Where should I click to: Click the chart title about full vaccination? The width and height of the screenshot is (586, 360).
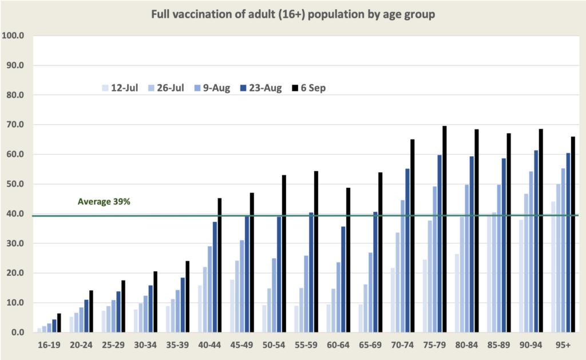[x=293, y=15]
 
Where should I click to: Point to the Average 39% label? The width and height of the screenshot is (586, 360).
[x=104, y=201]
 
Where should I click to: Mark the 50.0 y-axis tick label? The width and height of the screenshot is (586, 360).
[x=14, y=184]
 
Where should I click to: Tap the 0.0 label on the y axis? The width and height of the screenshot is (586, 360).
[x=17, y=333]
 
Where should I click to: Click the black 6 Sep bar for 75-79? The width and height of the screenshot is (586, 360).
[x=444, y=229]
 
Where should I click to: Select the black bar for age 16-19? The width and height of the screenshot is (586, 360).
[x=58, y=323]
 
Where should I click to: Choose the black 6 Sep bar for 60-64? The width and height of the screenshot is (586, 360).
[x=348, y=260]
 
